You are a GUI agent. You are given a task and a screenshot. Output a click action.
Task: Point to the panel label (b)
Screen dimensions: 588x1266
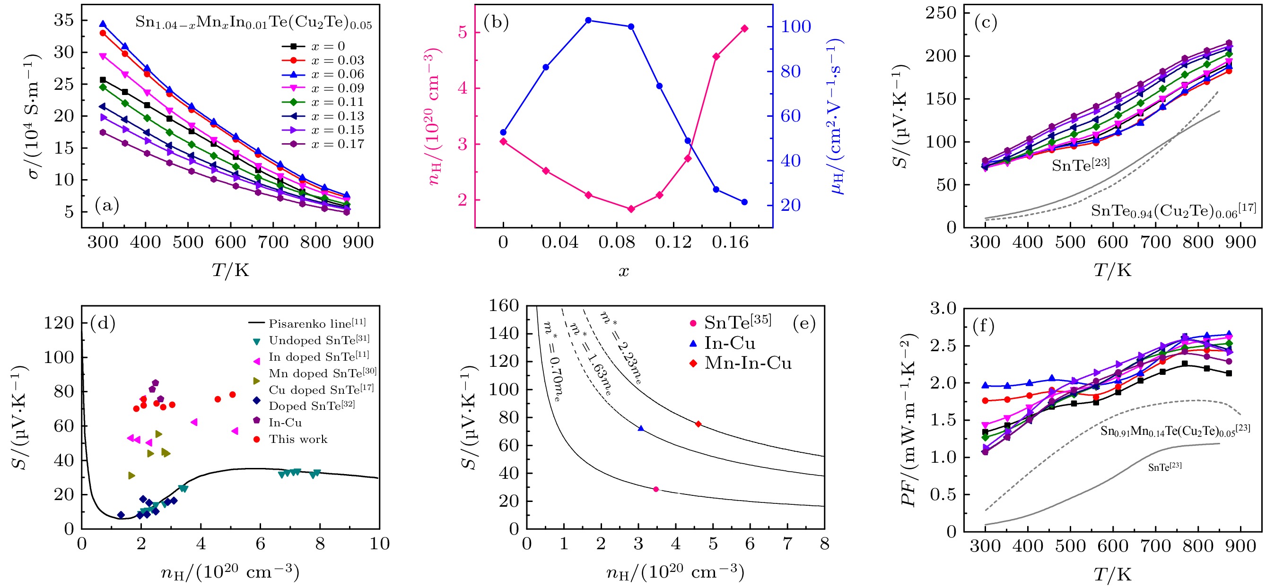click(496, 23)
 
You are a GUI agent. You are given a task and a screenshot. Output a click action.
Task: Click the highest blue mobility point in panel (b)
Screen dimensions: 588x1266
click(588, 20)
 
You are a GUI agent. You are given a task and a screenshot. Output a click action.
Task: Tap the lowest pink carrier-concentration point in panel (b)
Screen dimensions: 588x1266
click(631, 209)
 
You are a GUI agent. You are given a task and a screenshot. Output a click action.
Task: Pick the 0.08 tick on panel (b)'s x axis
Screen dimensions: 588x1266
click(616, 242)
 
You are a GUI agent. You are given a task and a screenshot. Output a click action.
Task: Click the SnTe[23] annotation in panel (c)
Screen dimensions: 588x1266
click(1080, 165)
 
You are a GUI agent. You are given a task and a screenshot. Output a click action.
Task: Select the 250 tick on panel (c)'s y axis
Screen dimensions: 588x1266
click(940, 13)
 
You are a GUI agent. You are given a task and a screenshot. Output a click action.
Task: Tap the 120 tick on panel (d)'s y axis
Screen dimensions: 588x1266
click(59, 323)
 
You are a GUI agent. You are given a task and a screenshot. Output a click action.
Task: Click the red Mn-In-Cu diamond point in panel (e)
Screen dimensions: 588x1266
click(698, 424)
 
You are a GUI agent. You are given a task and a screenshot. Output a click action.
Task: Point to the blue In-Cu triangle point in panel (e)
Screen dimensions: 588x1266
click(640, 428)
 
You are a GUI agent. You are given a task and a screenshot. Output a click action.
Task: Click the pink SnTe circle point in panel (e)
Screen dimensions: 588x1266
click(655, 489)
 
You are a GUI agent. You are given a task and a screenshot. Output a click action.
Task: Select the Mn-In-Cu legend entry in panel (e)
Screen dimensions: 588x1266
click(748, 363)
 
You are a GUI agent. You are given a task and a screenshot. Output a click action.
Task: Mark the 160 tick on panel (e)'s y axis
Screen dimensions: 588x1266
click(503, 305)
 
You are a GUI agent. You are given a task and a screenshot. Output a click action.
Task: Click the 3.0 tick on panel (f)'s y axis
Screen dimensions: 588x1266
click(943, 309)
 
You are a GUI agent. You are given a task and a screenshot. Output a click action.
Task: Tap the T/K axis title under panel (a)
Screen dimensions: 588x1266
click(230, 270)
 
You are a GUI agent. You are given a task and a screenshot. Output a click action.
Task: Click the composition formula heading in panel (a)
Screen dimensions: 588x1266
click(253, 23)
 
